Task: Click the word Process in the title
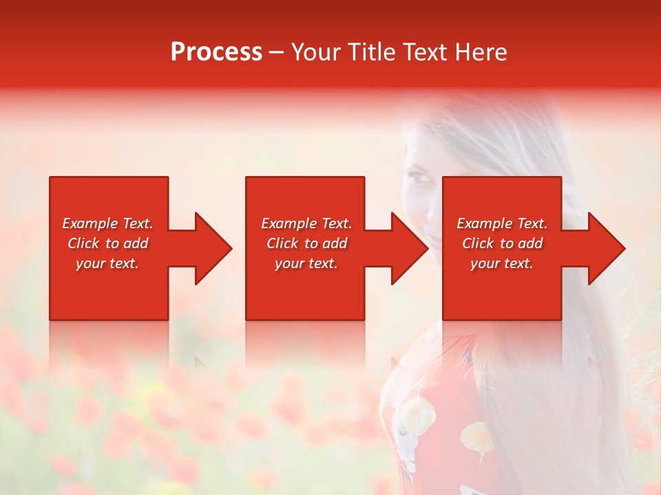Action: (216, 52)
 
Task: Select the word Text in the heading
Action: (424, 52)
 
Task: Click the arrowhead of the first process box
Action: (213, 248)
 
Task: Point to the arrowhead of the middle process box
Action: (410, 248)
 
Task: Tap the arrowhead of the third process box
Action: (606, 248)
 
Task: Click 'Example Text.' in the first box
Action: (107, 223)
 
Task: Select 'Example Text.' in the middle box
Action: (306, 223)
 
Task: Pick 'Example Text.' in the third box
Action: (502, 223)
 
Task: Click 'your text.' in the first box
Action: (107, 263)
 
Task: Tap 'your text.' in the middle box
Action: (306, 263)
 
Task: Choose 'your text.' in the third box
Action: (502, 263)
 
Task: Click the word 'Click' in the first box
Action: (84, 243)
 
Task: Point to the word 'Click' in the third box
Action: (479, 243)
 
